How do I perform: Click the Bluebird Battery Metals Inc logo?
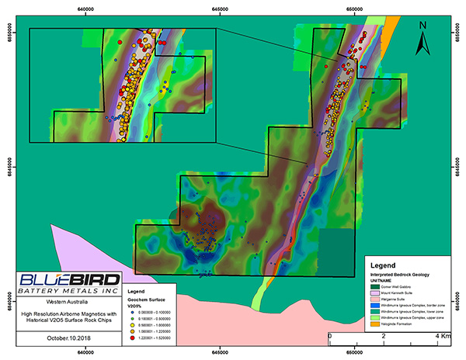pos(69,282)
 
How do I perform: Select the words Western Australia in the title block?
pos(68,299)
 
